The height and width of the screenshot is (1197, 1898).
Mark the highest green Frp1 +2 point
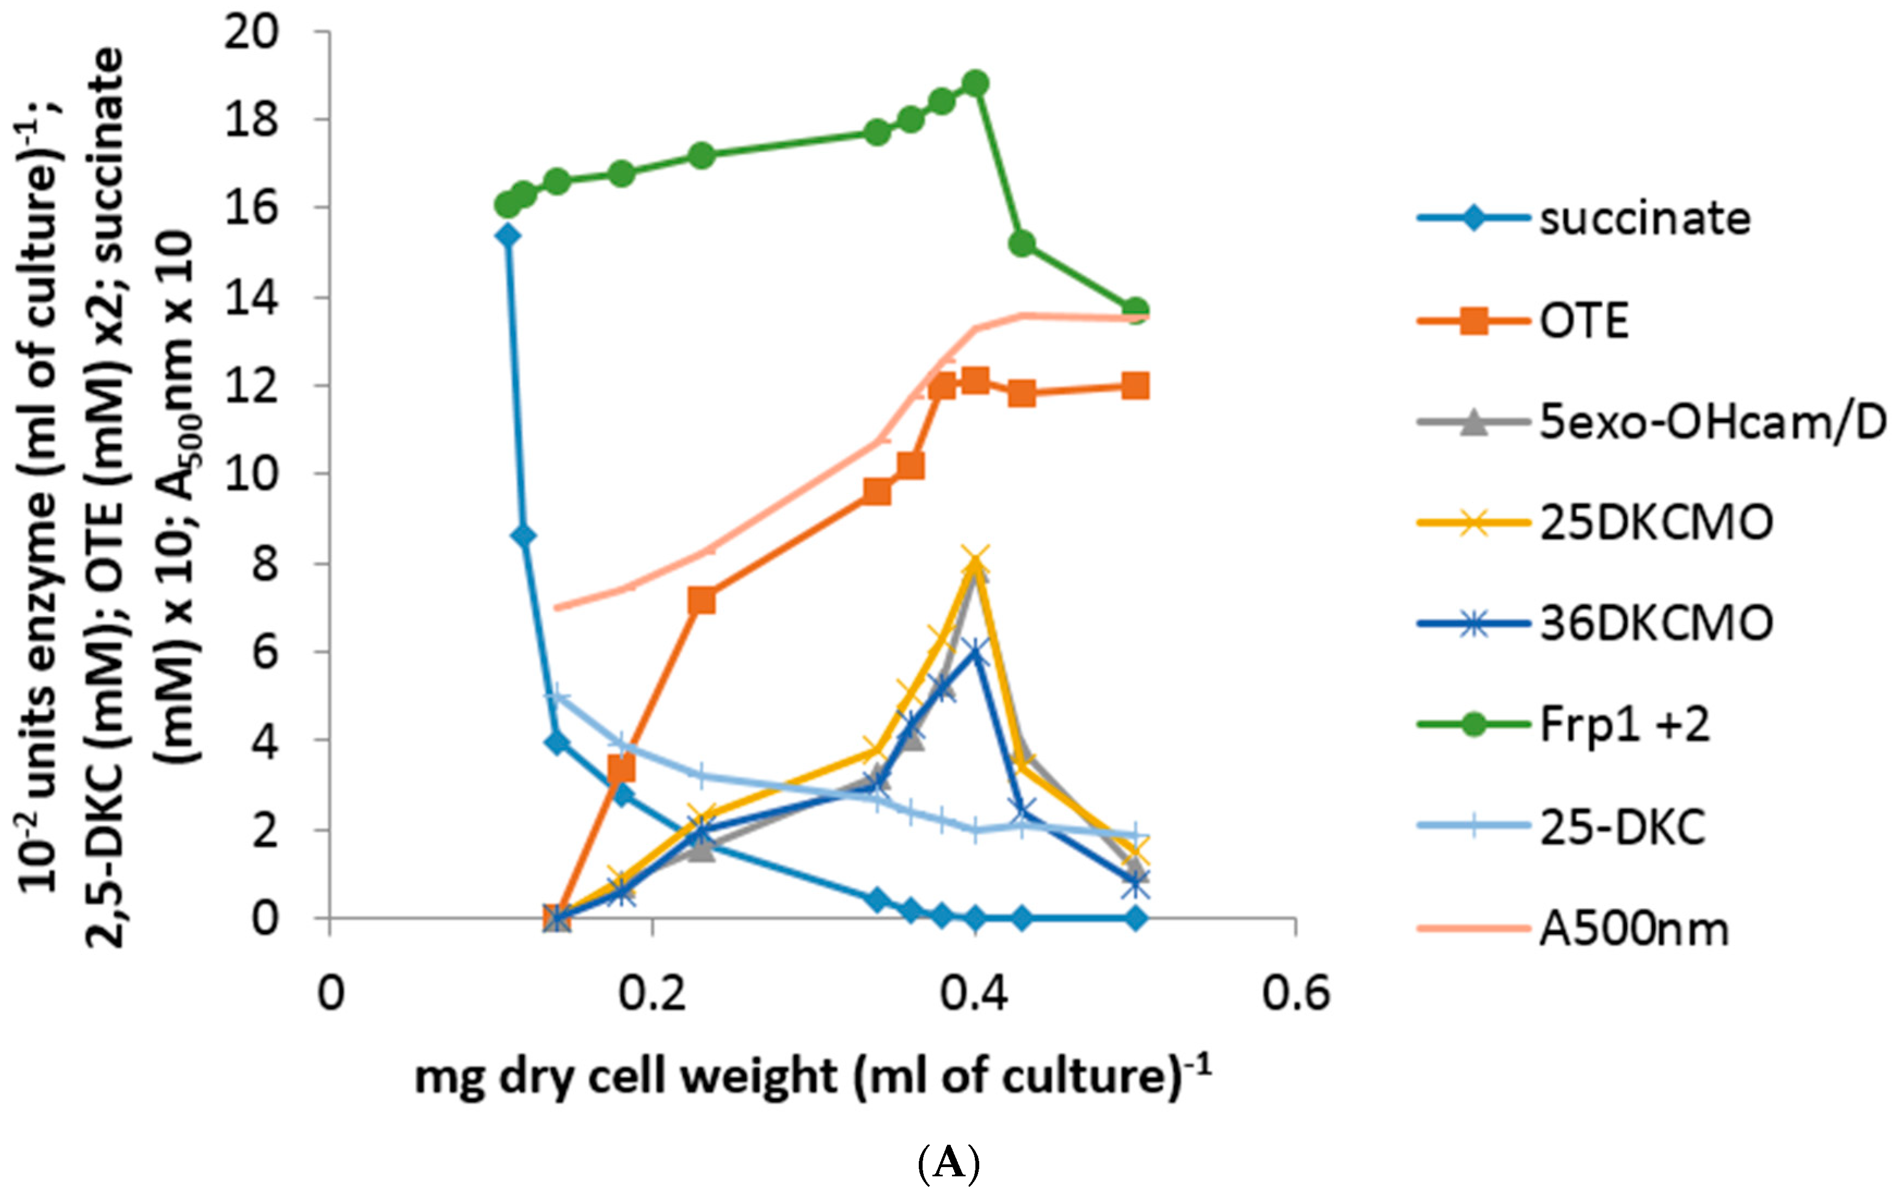(976, 83)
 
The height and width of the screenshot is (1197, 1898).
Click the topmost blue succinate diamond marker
(508, 236)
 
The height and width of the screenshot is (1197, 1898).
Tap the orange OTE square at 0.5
(1135, 386)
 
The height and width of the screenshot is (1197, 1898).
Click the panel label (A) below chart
(949, 1162)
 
